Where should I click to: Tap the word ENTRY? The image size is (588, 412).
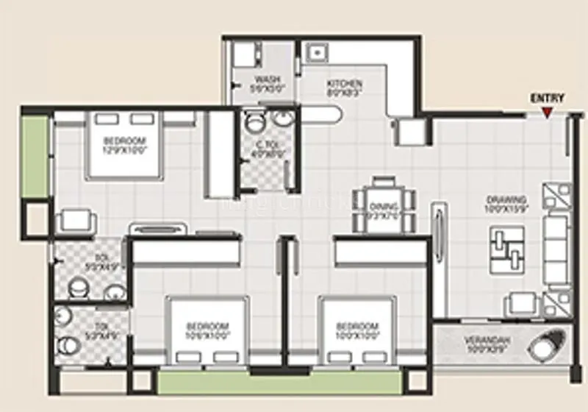tap(547, 99)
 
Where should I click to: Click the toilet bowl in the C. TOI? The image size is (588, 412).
tap(255, 121)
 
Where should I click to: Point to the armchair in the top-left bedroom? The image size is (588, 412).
tap(76, 221)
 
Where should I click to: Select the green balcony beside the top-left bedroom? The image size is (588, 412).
tap(34, 156)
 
